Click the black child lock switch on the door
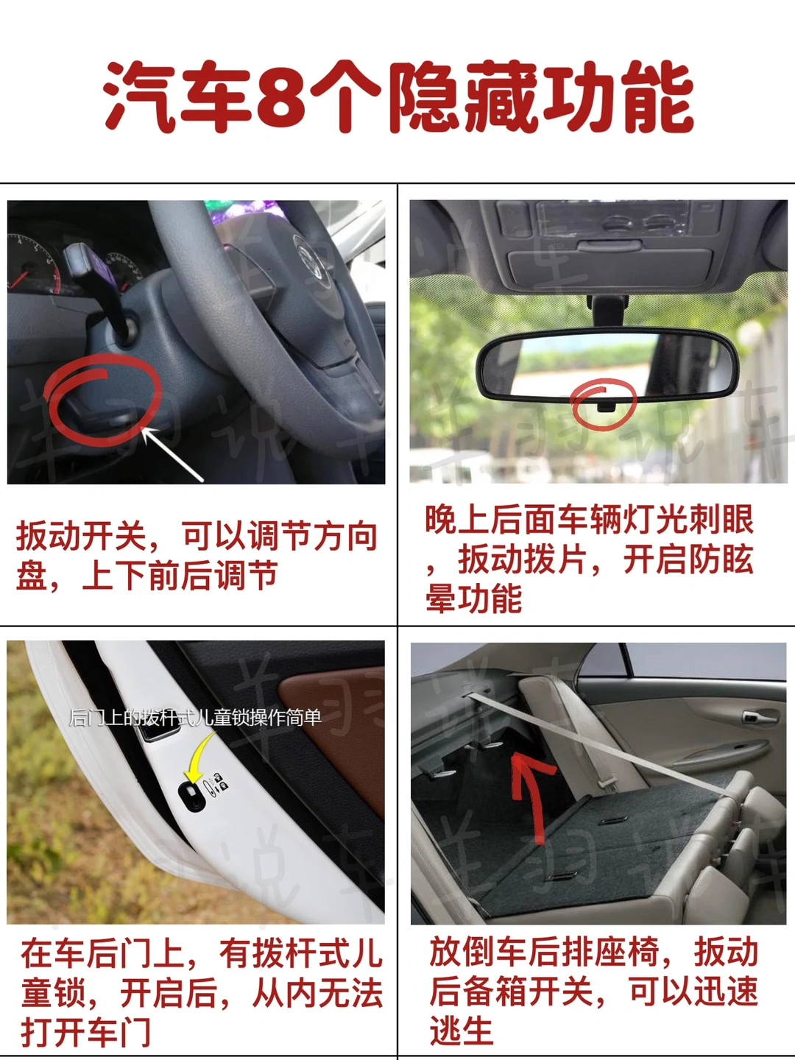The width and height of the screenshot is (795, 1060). pos(192,796)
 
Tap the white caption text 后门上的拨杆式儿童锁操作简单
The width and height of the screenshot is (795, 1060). pos(195,718)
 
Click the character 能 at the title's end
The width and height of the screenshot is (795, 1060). pos(660,96)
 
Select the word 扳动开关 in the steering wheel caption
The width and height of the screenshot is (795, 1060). pos(81,536)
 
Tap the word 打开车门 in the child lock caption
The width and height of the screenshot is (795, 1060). pos(85,1031)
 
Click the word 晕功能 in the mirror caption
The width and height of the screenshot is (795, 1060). pos(473,598)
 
